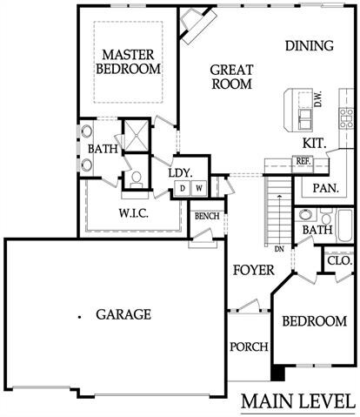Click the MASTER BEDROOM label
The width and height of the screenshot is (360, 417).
pyautogui.click(x=129, y=60)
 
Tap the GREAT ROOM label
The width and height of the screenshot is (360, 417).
pyautogui.click(x=231, y=77)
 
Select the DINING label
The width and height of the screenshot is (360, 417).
pyautogui.click(x=309, y=45)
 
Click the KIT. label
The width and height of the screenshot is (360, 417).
pyautogui.click(x=315, y=142)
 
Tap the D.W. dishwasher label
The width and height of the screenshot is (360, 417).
pyautogui.click(x=318, y=101)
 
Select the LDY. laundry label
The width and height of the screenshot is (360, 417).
pyautogui.click(x=179, y=172)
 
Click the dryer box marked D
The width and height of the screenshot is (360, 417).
pyautogui.click(x=182, y=188)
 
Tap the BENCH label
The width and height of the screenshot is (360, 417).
pyautogui.click(x=206, y=216)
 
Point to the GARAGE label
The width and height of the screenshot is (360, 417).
pyautogui.click(x=123, y=314)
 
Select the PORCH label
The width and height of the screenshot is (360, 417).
pyautogui.click(x=248, y=347)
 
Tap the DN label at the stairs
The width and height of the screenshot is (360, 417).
pyautogui.click(x=279, y=249)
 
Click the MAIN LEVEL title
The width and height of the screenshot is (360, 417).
pyautogui.click(x=297, y=401)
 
